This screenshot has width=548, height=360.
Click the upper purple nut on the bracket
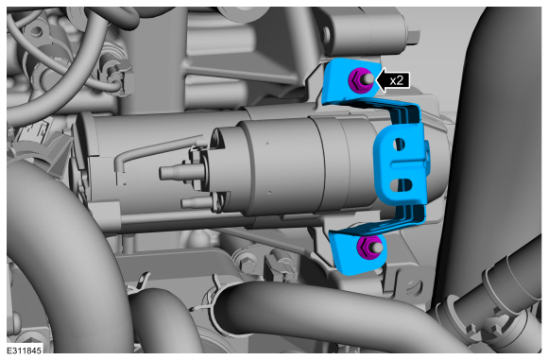[x=356, y=80]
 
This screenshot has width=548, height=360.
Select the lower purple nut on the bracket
[x=365, y=247]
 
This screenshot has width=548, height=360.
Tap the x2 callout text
[x=396, y=80]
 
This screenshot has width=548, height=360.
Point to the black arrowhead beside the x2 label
[x=382, y=80]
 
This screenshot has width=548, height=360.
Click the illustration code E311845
[x=24, y=351]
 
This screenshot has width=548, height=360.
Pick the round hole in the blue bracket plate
[x=399, y=144]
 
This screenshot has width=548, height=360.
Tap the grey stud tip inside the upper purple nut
[x=368, y=79]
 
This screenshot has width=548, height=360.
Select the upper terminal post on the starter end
[x=178, y=172]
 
